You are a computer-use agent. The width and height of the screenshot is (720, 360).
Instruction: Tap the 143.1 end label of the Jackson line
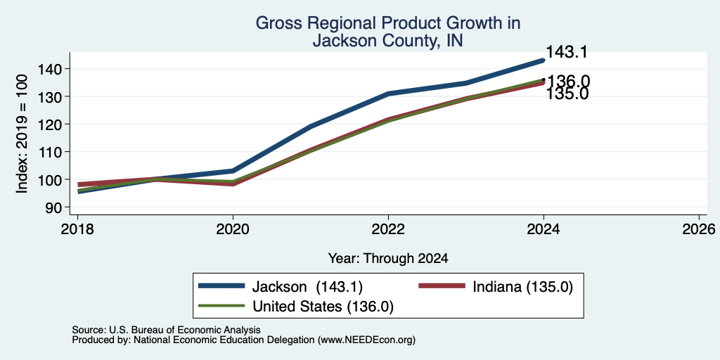point(567,52)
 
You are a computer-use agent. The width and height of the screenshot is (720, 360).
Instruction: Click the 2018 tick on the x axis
point(77,229)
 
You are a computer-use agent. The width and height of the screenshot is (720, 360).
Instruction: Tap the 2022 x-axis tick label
point(388,229)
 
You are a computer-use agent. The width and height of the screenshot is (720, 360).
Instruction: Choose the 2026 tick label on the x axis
point(699,229)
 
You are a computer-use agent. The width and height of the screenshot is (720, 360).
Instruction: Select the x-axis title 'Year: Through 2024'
point(388,259)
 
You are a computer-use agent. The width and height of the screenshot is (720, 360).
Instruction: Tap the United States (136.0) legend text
point(323,307)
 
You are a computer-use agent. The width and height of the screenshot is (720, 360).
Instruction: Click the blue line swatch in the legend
point(221,286)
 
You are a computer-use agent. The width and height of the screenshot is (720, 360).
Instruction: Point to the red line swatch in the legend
point(442,286)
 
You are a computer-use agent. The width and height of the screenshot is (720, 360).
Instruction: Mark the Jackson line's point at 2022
point(388,94)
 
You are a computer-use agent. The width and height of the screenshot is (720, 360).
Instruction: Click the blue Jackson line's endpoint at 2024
point(544,60)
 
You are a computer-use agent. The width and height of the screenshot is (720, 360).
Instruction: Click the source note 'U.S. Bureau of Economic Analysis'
point(185,330)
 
